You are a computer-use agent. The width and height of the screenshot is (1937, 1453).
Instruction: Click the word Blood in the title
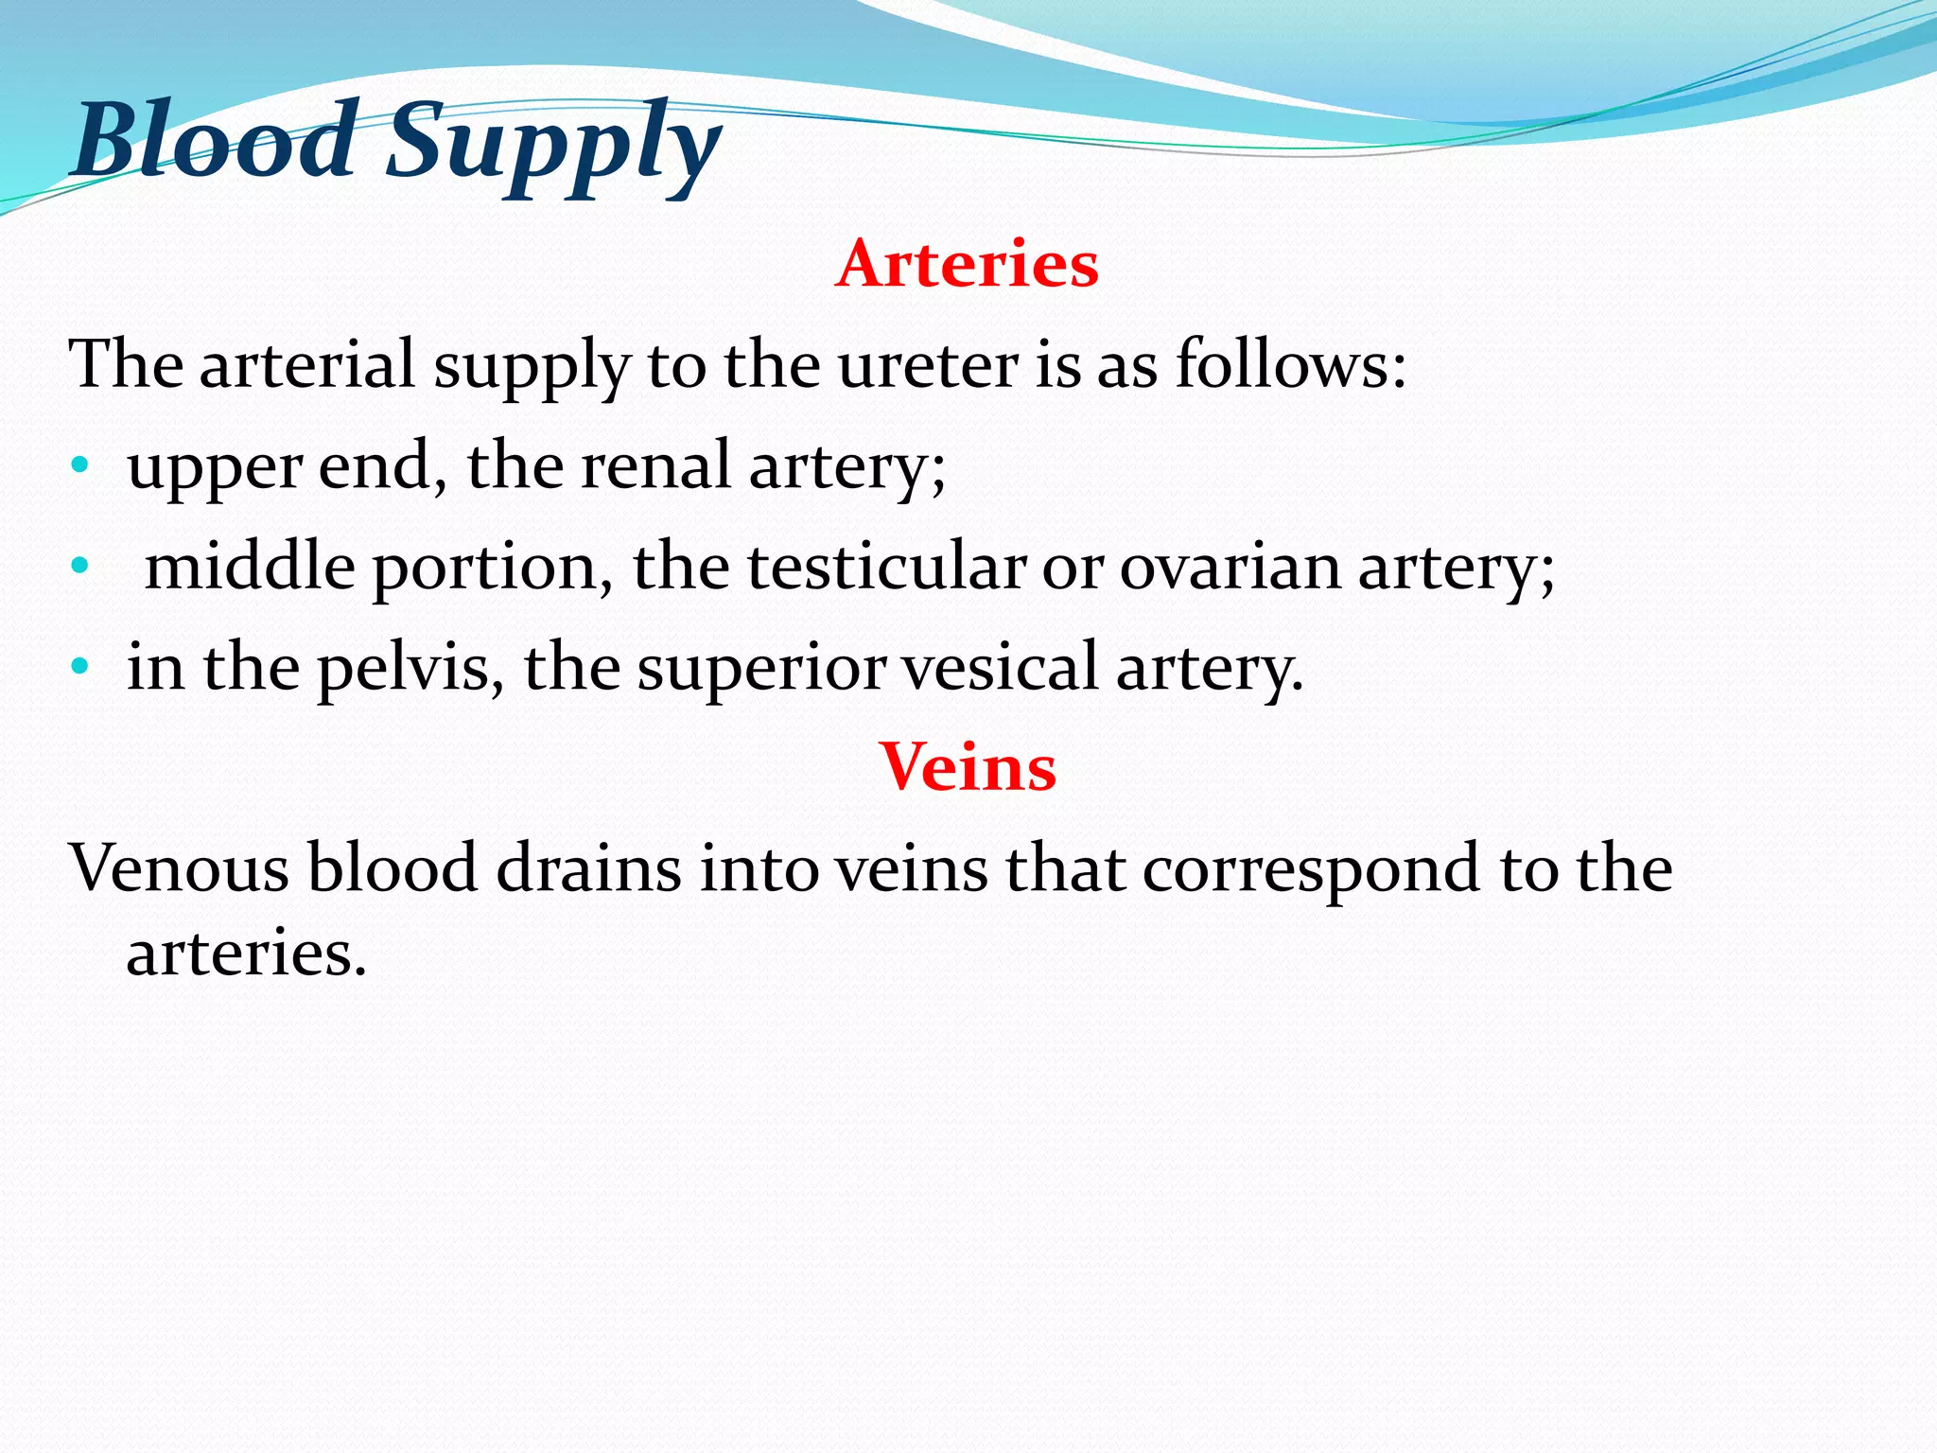tap(215, 141)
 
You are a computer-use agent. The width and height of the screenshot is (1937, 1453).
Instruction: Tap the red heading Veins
tap(968, 766)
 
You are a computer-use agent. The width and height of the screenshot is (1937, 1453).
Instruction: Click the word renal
tap(655, 465)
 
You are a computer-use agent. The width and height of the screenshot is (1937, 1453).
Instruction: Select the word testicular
tap(885, 567)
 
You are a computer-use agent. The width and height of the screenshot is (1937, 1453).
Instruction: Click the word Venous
tap(179, 868)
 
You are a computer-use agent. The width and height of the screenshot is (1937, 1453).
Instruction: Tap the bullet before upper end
tap(80, 465)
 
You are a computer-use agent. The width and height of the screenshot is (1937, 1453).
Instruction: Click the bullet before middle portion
tap(80, 567)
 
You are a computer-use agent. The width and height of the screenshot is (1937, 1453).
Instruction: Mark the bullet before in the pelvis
tap(80, 667)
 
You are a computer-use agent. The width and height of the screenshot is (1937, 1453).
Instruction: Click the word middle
tap(250, 567)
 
